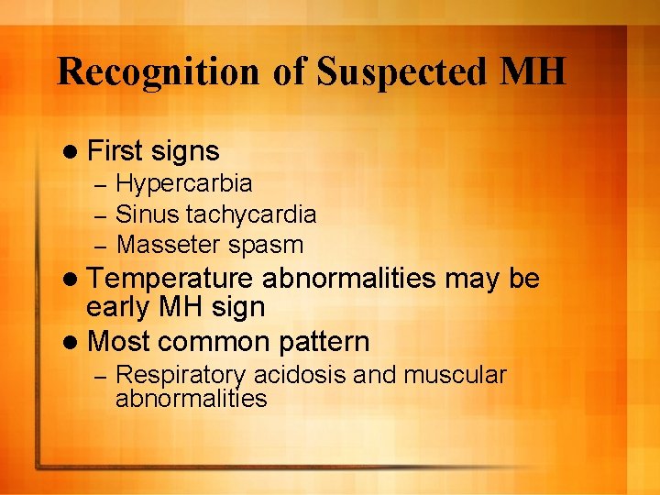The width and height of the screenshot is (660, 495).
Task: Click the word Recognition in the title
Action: pos(159,71)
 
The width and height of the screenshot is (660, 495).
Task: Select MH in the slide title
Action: pos(531,71)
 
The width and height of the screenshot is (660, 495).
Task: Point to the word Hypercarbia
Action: pos(184,184)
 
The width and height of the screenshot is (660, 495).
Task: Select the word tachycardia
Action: pos(251,214)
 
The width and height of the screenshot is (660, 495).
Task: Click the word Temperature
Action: pos(170,280)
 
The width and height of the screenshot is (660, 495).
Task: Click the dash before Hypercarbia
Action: pos(104,185)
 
